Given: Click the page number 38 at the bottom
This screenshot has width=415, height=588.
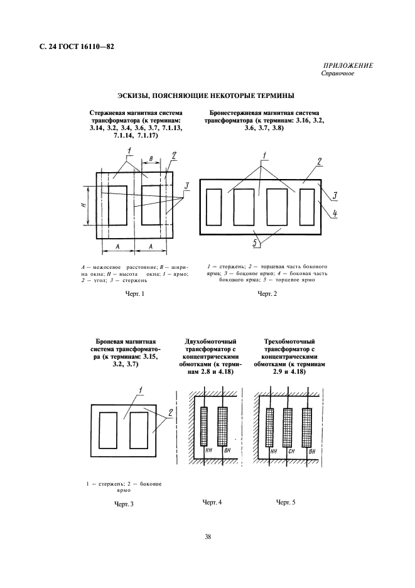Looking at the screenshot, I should click(x=207, y=536).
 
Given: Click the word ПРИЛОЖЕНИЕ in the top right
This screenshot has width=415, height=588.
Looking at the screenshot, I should click(x=349, y=65).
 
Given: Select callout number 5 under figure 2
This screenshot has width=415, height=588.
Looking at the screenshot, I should click(x=254, y=243).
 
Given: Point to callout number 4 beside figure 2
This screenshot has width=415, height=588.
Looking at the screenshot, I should click(x=335, y=214).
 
